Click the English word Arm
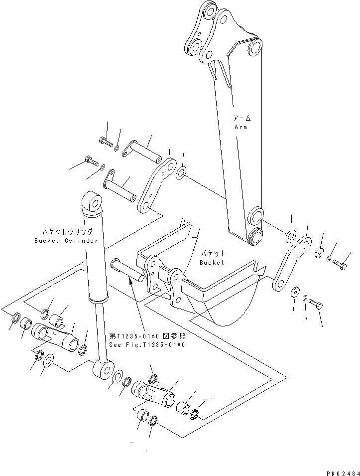click(x=240, y=127)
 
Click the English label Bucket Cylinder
click(x=66, y=240)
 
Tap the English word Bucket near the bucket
click(x=212, y=262)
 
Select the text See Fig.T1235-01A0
click(x=147, y=344)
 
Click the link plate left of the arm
click(x=156, y=185)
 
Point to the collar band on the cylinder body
click(x=98, y=299)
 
